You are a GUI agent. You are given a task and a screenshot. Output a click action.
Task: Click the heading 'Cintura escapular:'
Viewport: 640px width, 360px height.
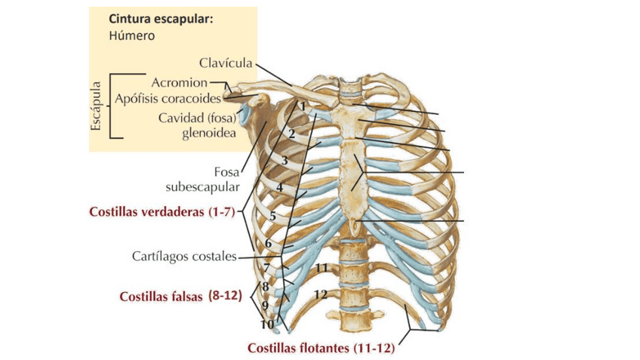click(x=160, y=19)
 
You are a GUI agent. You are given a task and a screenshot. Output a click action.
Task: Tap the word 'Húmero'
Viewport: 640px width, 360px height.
click(x=133, y=35)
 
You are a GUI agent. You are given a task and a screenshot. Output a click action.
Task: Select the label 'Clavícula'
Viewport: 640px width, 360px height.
click(x=226, y=63)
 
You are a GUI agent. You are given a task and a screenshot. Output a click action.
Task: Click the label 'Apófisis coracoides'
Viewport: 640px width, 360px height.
click(x=167, y=98)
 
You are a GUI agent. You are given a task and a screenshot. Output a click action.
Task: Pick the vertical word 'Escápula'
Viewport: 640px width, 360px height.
click(x=96, y=106)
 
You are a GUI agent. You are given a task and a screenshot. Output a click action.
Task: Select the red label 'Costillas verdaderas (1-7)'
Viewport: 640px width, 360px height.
click(x=162, y=214)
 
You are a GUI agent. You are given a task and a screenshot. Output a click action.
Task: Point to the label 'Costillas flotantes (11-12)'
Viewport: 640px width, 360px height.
click(x=322, y=349)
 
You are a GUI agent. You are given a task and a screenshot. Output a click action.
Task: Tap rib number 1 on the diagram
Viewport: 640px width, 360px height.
click(x=302, y=107)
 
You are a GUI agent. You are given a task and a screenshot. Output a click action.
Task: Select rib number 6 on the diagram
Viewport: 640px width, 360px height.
click(x=268, y=243)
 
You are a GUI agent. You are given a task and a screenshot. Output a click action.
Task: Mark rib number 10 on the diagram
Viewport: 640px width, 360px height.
click(x=267, y=325)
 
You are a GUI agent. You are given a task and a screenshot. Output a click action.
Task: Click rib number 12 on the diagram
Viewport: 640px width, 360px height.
click(x=321, y=294)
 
